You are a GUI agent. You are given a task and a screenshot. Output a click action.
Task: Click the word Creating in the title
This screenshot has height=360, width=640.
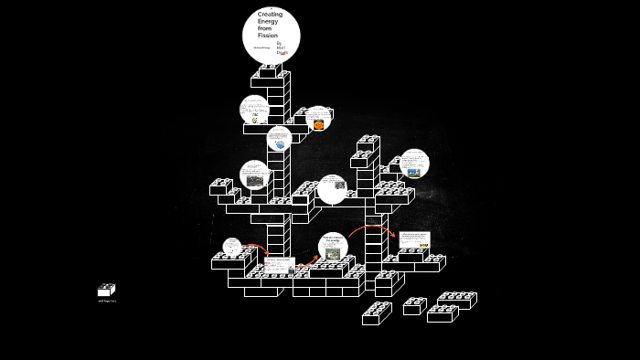(270, 15)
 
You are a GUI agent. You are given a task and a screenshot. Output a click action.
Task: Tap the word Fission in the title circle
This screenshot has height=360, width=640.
(266, 35)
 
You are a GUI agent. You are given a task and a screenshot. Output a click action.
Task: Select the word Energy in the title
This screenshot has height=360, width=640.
(266, 21)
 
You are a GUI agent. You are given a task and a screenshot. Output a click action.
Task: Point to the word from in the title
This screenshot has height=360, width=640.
(264, 28)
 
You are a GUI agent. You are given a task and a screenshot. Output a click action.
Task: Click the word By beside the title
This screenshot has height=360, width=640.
(279, 42)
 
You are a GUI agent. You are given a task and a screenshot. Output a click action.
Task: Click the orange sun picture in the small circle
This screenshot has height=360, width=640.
(318, 124)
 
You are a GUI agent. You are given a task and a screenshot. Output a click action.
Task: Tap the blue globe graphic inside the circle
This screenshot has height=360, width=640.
(280, 144)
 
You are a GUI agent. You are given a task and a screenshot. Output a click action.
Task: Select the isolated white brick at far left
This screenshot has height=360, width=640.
(106, 291)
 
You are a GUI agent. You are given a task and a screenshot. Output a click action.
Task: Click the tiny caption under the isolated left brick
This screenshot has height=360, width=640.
(107, 301)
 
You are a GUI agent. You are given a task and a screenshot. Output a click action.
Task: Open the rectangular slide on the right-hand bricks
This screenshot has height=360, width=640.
(414, 240)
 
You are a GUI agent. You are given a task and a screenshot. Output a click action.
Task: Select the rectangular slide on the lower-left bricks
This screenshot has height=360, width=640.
(278, 265)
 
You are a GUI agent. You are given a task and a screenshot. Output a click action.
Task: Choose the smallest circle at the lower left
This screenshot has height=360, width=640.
(232, 248)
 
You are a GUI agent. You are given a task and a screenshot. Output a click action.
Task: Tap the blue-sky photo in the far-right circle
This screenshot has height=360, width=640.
(414, 171)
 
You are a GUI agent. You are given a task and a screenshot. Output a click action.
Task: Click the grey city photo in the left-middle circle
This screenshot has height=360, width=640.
(254, 182)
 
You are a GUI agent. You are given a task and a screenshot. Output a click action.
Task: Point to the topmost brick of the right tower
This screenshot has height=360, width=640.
(368, 144)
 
